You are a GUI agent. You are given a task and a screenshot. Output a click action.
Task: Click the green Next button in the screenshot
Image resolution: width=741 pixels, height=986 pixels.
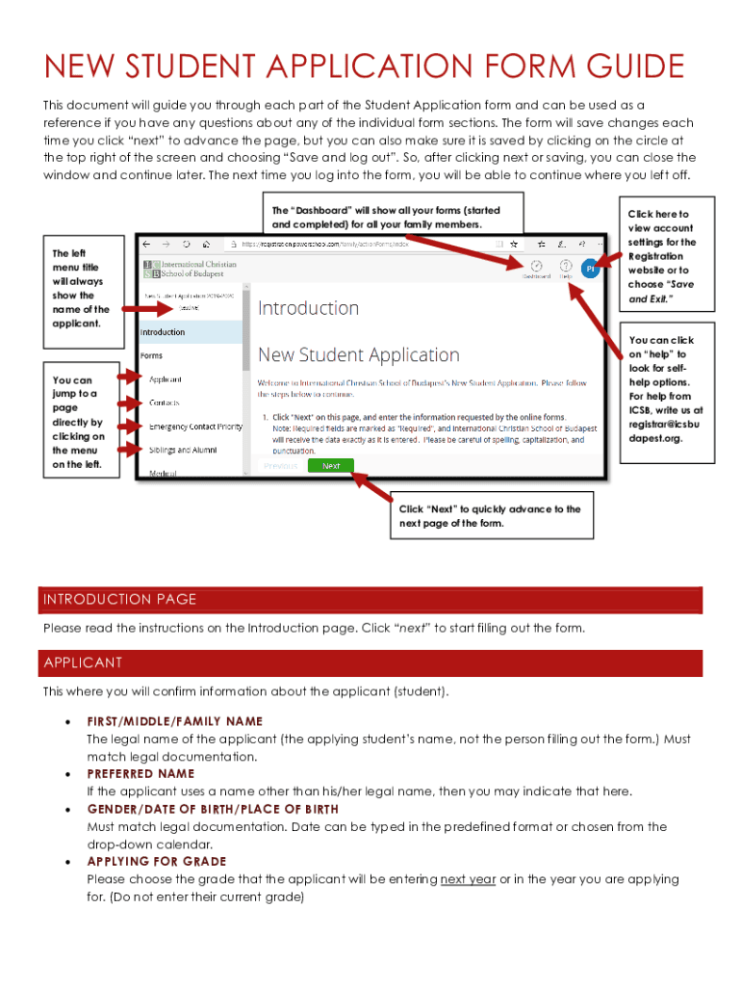click(x=331, y=465)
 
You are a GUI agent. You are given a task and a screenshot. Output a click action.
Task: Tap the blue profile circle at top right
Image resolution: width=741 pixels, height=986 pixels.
click(x=592, y=270)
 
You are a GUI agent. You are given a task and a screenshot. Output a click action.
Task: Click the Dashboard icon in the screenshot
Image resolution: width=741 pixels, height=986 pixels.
click(x=536, y=268)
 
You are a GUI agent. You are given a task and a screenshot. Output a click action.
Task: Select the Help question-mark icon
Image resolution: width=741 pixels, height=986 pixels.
click(x=566, y=268)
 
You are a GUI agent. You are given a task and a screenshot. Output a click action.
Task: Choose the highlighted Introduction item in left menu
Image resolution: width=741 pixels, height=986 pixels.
click(x=191, y=332)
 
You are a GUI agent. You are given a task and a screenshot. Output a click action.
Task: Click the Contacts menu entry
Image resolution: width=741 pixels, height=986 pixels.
click(x=165, y=402)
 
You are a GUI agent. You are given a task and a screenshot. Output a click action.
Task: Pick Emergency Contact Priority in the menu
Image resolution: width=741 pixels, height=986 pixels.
click(x=195, y=426)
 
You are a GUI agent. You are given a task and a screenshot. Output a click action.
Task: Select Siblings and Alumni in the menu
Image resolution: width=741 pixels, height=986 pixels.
click(x=183, y=450)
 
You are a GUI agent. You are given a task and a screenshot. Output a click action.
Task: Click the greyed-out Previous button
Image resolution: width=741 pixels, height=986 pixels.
click(x=280, y=465)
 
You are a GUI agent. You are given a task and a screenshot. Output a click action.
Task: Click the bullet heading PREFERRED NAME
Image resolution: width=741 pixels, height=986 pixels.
click(x=141, y=773)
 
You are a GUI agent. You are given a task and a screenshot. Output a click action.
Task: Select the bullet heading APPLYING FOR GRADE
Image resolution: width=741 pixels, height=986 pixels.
click(x=157, y=861)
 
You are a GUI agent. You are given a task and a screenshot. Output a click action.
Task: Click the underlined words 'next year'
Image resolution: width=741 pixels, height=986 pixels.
click(x=468, y=879)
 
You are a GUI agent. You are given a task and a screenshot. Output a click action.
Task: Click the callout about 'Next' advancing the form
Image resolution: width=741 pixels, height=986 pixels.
click(x=491, y=516)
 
